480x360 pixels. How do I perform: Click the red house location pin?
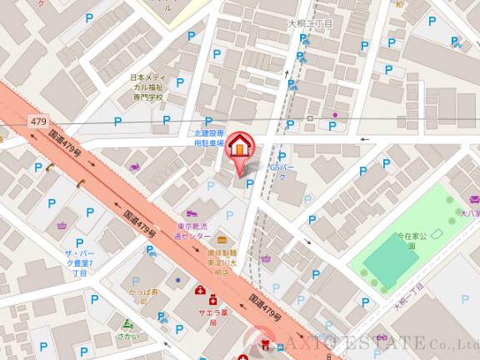(x=239, y=147)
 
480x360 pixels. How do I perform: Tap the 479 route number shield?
(x=38, y=122)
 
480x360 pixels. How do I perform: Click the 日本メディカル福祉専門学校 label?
(x=147, y=87)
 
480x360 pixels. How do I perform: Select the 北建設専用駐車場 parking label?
(x=209, y=137)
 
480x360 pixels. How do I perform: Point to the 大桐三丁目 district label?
(x=309, y=25)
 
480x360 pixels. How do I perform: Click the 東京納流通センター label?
(x=193, y=231)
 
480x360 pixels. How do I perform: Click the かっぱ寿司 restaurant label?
(x=144, y=297)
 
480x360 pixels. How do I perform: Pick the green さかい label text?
(x=127, y=336)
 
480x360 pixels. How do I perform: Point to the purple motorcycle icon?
(x=134, y=167)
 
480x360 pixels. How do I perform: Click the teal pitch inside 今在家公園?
(x=390, y=260)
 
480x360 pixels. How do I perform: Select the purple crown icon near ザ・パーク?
(x=61, y=226)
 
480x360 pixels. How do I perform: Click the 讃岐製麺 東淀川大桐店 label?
(x=223, y=262)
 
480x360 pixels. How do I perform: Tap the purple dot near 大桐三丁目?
(x=335, y=114)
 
